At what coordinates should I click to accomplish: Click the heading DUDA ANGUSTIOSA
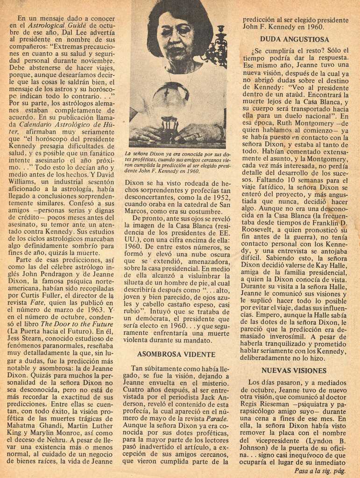294,39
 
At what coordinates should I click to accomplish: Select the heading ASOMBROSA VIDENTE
176,354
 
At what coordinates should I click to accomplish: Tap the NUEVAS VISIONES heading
294,370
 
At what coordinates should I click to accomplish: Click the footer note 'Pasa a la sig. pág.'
320,471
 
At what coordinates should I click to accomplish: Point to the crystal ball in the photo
170,100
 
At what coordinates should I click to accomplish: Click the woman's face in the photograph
175,37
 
